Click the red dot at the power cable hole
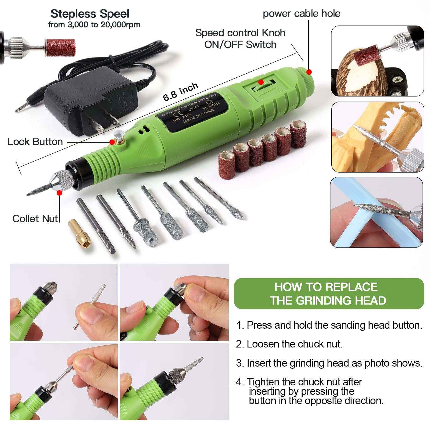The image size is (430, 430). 309,72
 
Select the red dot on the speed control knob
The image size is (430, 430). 261,82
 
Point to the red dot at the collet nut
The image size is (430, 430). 59,193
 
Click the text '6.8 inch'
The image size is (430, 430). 181,92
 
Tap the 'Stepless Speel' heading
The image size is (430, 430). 90,14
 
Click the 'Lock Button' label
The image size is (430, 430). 35,142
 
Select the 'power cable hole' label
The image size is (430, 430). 301,13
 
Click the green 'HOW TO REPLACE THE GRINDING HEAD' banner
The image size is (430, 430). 328,293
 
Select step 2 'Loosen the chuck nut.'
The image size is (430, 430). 289,344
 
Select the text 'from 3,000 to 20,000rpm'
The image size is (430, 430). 94,25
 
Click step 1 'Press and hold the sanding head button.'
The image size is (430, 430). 329,325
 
